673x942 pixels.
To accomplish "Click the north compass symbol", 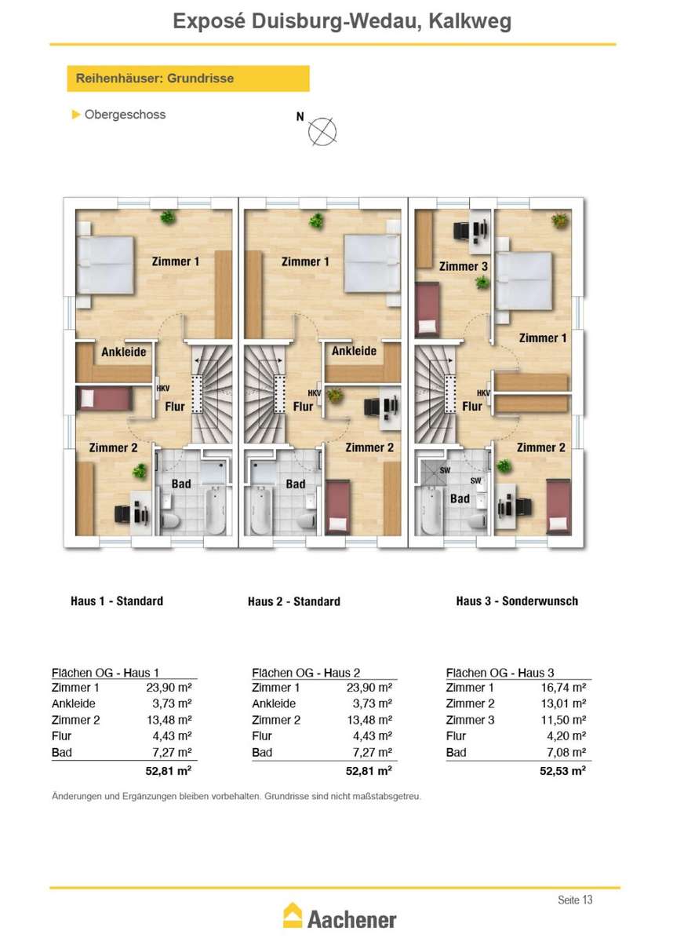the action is (x=322, y=132).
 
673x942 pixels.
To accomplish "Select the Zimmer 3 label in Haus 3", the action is (x=464, y=266).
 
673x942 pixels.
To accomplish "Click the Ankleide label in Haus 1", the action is (x=123, y=352).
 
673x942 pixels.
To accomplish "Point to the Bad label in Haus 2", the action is (x=296, y=484).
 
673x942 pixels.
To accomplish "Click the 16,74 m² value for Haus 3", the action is (x=563, y=688).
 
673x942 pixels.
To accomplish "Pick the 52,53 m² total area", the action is (x=562, y=771).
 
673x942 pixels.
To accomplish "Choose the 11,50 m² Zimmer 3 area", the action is (x=563, y=720).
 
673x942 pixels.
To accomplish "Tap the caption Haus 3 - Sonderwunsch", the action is (x=517, y=601).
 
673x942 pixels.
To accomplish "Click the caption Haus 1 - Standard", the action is (x=117, y=601).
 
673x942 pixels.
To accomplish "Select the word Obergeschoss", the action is (x=125, y=115).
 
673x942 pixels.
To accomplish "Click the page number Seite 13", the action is (x=575, y=900).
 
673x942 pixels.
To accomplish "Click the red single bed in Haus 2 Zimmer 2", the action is (x=338, y=508).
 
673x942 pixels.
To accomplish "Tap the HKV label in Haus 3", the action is (x=483, y=392).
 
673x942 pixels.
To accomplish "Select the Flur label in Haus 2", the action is (x=303, y=407).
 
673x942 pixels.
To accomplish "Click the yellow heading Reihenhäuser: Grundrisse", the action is (x=188, y=78).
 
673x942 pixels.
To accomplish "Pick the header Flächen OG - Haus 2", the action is (x=306, y=673).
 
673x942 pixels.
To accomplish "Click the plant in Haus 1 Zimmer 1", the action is (x=168, y=217).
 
